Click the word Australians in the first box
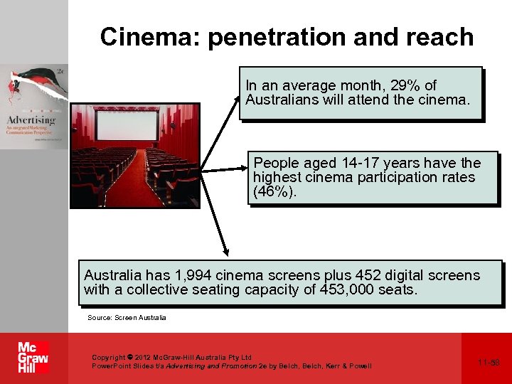[x=283, y=100]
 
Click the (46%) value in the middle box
[x=273, y=192]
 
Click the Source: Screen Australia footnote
[x=127, y=317]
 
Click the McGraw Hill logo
[x=33, y=358]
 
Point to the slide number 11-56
[x=489, y=363]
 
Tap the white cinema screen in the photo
[x=127, y=124]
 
